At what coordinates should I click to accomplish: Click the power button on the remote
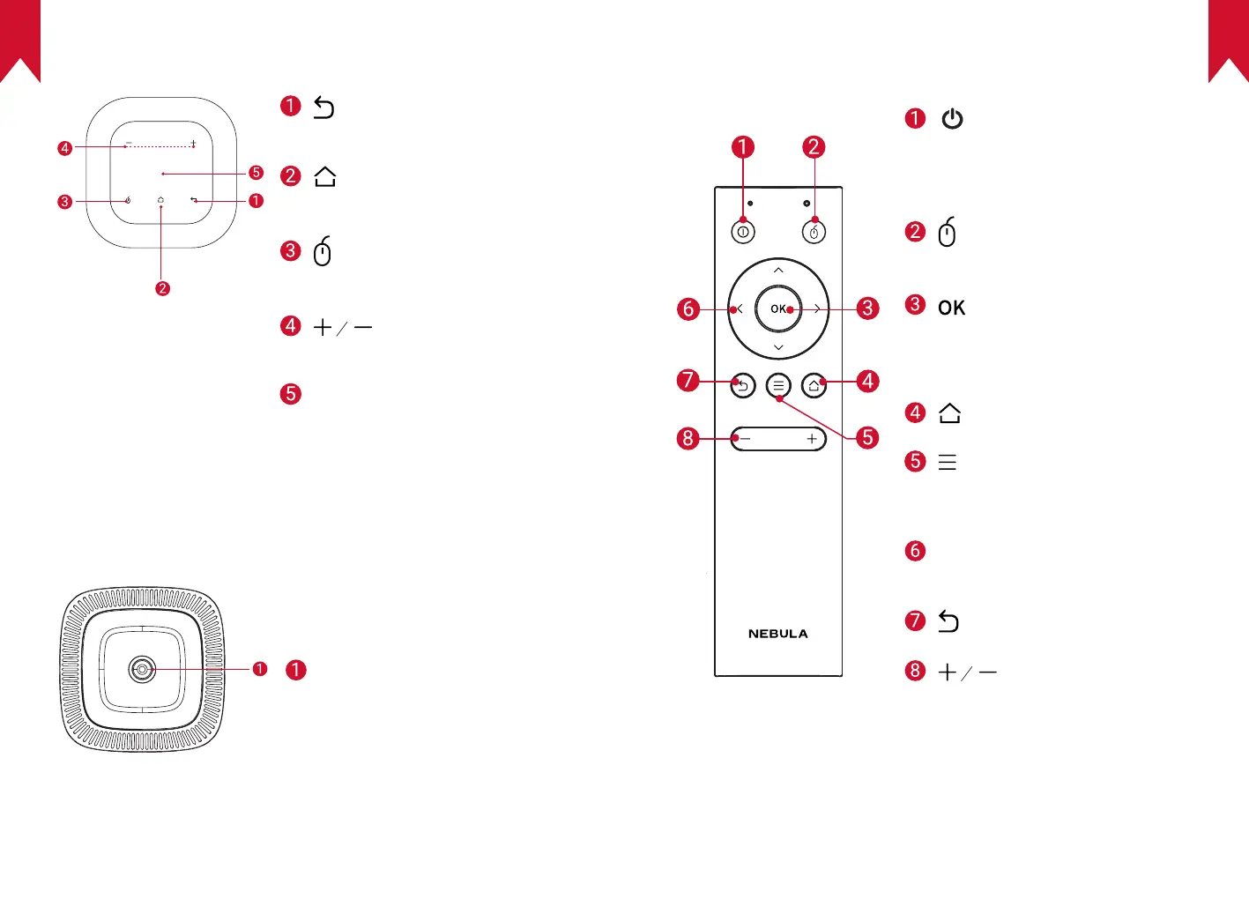pos(743,233)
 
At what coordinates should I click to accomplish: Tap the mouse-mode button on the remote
pos(814,233)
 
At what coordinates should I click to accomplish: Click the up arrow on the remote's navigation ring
pos(778,270)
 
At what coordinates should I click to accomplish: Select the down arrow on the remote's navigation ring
pos(778,347)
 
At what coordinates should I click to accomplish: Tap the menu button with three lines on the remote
pos(778,385)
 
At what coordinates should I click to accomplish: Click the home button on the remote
pos(814,385)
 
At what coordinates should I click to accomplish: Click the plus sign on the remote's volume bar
pos(812,439)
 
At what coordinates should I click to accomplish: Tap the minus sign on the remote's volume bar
pos(745,439)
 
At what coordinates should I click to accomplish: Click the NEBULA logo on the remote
pos(778,634)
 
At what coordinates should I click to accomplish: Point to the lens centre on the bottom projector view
pos(142,670)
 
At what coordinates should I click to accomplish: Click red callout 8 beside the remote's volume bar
pos(688,438)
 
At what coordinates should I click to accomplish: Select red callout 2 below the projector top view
pos(162,288)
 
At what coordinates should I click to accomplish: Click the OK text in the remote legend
pos(951,308)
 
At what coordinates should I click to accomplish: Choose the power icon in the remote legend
pos(952,119)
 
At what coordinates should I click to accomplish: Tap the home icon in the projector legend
pos(325,176)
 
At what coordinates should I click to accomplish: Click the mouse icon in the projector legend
pos(323,251)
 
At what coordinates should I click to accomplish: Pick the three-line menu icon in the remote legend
pos(948,462)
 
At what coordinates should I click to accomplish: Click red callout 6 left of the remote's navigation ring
pos(688,309)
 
